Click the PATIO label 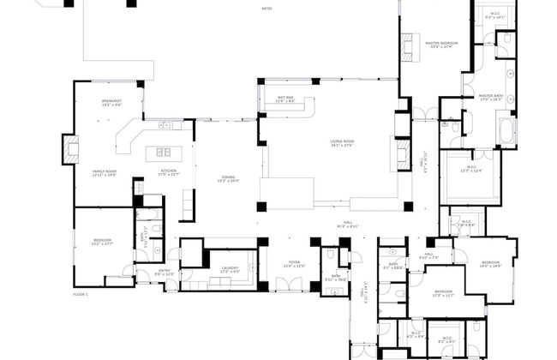(x=267, y=9)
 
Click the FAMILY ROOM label (x=105, y=171)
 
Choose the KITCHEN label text (x=169, y=171)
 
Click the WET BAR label (x=285, y=99)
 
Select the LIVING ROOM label (x=343, y=141)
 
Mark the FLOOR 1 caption (x=81, y=294)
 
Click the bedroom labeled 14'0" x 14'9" (x=490, y=263)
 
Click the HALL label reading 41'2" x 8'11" (x=349, y=224)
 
